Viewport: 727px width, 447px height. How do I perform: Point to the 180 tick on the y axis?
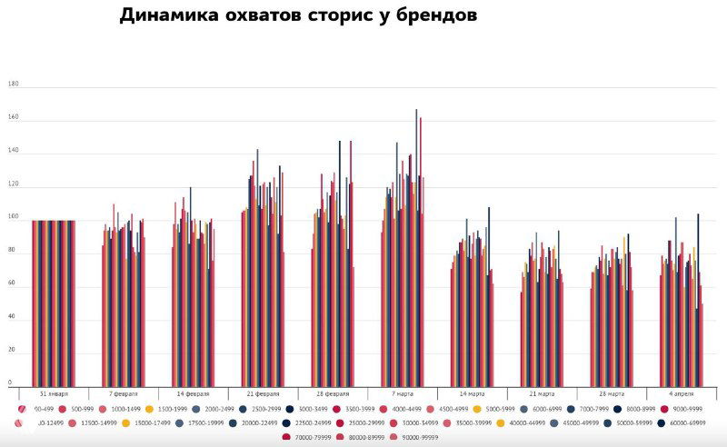(13, 84)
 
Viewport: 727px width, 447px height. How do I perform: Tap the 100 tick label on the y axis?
(13, 217)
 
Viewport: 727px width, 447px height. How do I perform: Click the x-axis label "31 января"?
(54, 394)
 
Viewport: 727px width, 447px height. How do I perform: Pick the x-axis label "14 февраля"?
(193, 394)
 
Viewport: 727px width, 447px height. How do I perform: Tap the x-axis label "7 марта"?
(403, 394)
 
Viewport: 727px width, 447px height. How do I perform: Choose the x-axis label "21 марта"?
(542, 394)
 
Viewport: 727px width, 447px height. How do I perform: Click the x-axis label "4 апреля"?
(682, 394)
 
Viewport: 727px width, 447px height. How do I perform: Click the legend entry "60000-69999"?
(685, 422)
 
